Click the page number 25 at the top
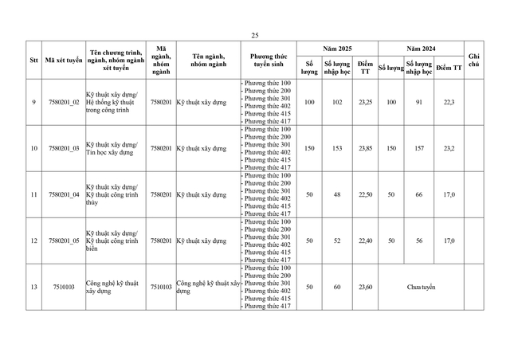(x=255, y=36)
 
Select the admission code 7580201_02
(x=64, y=102)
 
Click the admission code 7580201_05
(x=64, y=241)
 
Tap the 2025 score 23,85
(x=365, y=148)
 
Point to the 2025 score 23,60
(x=365, y=287)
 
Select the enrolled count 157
(x=419, y=148)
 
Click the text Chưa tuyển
(x=421, y=287)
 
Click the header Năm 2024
(x=420, y=49)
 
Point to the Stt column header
(x=33, y=61)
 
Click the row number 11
(x=33, y=194)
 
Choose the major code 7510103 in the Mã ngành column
(x=161, y=287)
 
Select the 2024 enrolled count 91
(x=419, y=102)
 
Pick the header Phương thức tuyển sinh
(x=268, y=61)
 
